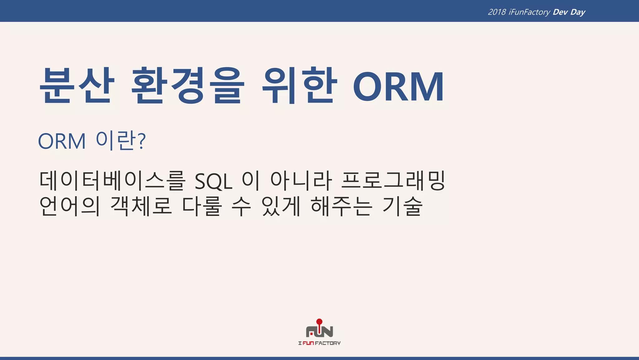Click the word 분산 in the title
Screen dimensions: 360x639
[76, 85]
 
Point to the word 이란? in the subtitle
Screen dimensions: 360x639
[120, 141]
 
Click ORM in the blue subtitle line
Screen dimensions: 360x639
[62, 142]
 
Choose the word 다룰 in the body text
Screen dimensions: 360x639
[202, 206]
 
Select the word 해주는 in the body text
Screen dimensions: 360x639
[342, 206]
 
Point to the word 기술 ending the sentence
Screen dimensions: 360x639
[402, 206]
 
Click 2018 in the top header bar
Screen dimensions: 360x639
[497, 12]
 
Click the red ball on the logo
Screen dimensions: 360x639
[319, 322]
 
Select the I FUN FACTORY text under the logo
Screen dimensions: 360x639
[319, 343]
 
